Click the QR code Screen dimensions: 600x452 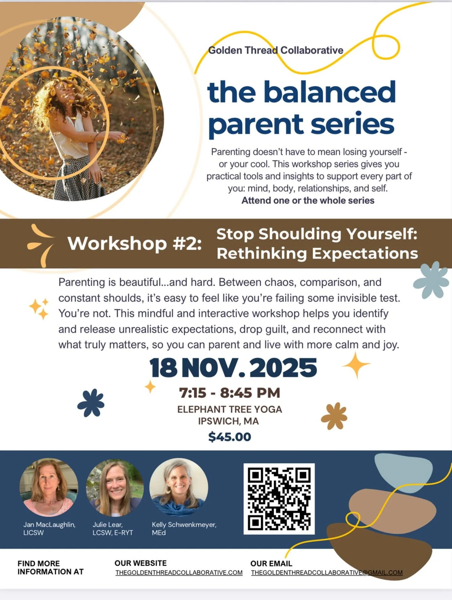tap(279, 499)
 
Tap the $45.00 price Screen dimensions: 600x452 tap(229, 437)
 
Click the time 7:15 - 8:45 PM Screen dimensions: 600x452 tap(229, 393)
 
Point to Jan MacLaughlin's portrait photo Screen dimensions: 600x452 tap(49, 488)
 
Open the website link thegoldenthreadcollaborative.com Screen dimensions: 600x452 tap(179, 573)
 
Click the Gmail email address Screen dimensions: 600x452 tap(326, 573)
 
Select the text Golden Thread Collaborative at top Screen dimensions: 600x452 tap(276, 50)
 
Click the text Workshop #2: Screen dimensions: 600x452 tap(134, 243)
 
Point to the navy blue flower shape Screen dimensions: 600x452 tap(91, 403)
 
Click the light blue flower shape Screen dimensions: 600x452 tap(431, 280)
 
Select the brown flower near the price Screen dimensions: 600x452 tap(334, 416)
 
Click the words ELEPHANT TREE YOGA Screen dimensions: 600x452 tap(229, 409)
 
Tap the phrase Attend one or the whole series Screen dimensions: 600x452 tap(308, 200)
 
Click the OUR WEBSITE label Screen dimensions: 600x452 tap(140, 563)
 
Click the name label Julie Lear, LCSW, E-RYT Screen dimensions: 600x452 tap(113, 529)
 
